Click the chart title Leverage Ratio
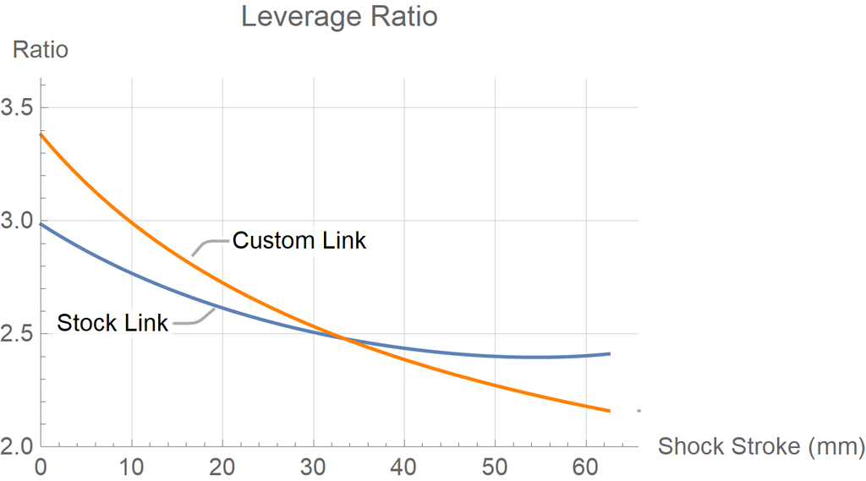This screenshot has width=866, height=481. (x=339, y=16)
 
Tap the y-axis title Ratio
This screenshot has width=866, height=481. (x=40, y=50)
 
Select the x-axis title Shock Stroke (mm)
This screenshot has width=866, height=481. (x=761, y=446)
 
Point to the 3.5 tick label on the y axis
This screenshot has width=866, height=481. (x=19, y=108)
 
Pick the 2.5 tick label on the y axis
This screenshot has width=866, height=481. (x=19, y=334)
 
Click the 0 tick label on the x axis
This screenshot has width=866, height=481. (x=41, y=466)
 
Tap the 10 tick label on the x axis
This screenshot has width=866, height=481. (x=131, y=466)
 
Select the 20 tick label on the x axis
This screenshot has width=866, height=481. (x=222, y=466)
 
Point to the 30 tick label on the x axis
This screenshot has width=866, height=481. (x=314, y=466)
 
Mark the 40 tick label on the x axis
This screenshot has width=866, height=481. (x=404, y=466)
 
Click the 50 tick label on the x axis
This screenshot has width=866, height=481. (x=496, y=466)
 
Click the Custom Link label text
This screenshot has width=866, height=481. (x=299, y=241)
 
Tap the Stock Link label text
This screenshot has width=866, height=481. (x=112, y=323)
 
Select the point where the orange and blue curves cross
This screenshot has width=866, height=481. (x=343, y=338)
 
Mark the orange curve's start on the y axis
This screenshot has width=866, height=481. (x=41, y=134)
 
